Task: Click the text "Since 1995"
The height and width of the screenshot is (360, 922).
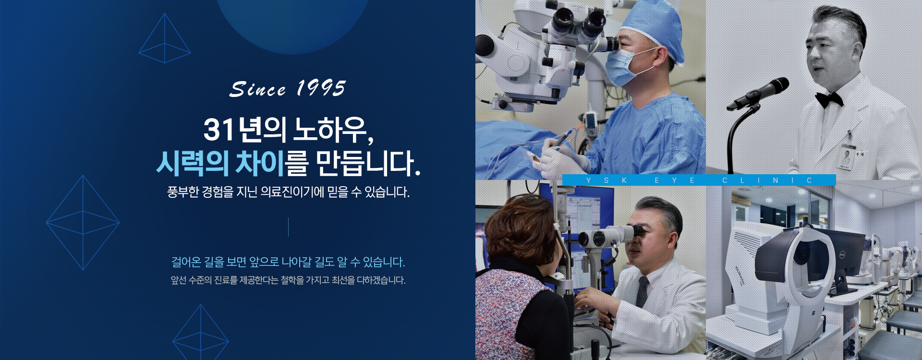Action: click(288, 89)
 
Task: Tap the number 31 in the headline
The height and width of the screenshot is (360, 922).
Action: click(218, 130)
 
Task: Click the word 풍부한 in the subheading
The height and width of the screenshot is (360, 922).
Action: click(183, 192)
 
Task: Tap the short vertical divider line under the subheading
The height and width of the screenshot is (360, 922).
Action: click(288, 227)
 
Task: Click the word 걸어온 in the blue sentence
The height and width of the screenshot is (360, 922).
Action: click(186, 262)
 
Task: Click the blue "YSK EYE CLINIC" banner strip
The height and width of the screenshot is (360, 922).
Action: click(699, 180)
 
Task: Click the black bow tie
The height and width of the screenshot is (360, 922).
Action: click(829, 99)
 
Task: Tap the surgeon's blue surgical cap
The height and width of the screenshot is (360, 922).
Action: click(655, 26)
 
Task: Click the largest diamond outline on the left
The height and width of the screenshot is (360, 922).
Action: click(83, 222)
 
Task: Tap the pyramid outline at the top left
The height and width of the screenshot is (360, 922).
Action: click(165, 38)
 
